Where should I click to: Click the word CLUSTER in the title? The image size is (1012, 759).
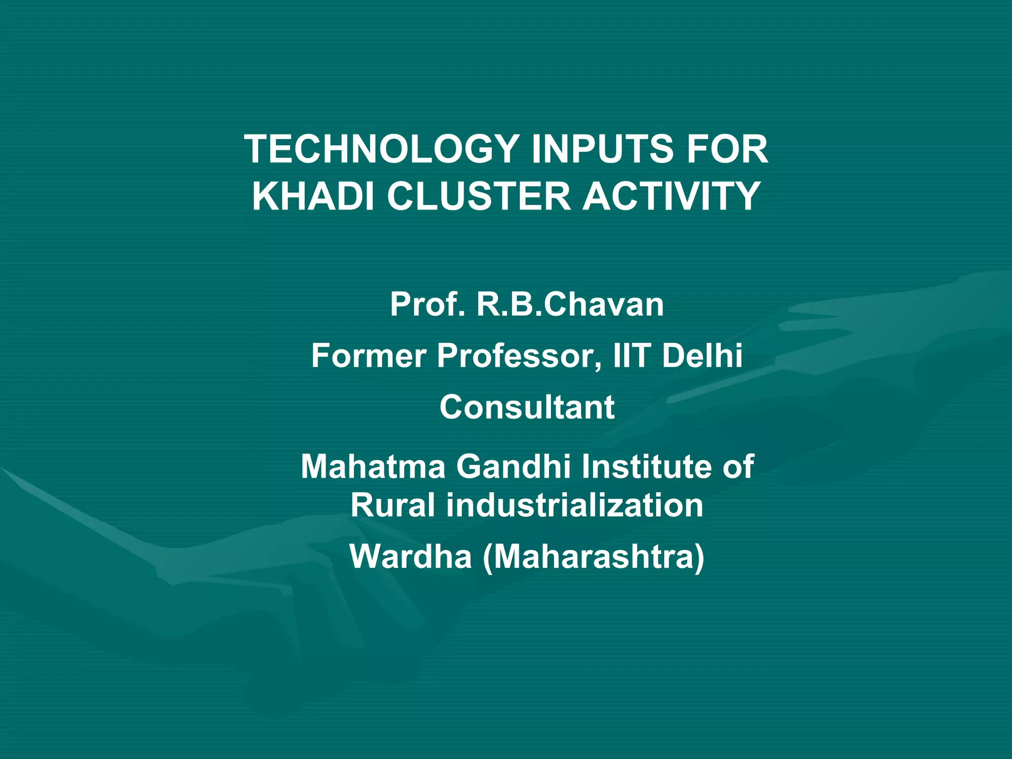coord(478,196)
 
